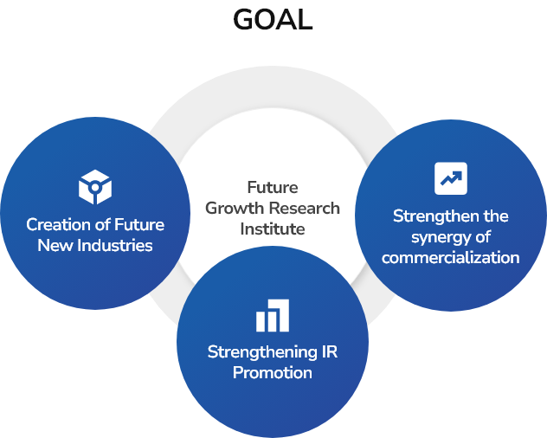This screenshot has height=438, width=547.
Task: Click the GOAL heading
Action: coord(273,20)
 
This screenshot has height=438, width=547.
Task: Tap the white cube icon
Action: coord(95,187)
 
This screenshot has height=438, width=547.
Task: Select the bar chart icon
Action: coord(273,315)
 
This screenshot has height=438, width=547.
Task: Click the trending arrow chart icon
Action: coord(451,178)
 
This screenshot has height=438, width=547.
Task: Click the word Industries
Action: coord(115,245)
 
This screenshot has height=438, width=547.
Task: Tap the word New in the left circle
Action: coord(55,245)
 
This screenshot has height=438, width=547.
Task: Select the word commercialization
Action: coord(450,258)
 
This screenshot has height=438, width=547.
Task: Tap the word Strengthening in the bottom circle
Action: coord(262,352)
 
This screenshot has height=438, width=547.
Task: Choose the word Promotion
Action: coord(273,373)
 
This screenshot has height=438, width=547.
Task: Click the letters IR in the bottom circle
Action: coord(330,351)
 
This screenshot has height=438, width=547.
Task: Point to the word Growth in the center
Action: coord(235,209)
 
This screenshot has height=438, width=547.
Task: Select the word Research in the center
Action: coord(304,209)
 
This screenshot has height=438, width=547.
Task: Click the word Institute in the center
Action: coord(273,229)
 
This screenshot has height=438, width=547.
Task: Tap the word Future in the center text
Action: coord(273,188)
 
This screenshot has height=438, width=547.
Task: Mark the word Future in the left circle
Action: coord(139,225)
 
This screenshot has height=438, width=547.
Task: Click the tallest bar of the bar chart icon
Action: coord(281,315)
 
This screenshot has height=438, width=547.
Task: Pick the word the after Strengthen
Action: coord(496,216)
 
